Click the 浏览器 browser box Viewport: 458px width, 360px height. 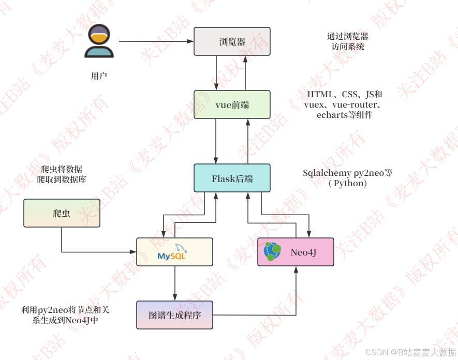point(232,42)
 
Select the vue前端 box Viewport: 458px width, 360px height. point(232,105)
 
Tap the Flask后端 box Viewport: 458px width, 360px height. point(232,179)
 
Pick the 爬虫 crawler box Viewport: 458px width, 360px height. point(62,213)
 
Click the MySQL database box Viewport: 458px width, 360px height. point(174,252)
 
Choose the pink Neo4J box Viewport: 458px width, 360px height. point(296,252)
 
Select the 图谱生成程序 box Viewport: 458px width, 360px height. point(174,315)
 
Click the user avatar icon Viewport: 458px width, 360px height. point(99,41)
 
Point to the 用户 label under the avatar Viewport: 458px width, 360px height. point(99,76)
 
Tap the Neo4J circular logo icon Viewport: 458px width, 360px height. point(273,251)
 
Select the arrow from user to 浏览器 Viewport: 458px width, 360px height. point(155,42)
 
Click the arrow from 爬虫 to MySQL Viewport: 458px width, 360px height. point(93,252)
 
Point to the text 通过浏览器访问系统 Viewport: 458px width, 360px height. point(347,41)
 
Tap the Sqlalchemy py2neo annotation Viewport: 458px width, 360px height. point(347,178)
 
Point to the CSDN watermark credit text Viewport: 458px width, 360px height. point(410,352)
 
